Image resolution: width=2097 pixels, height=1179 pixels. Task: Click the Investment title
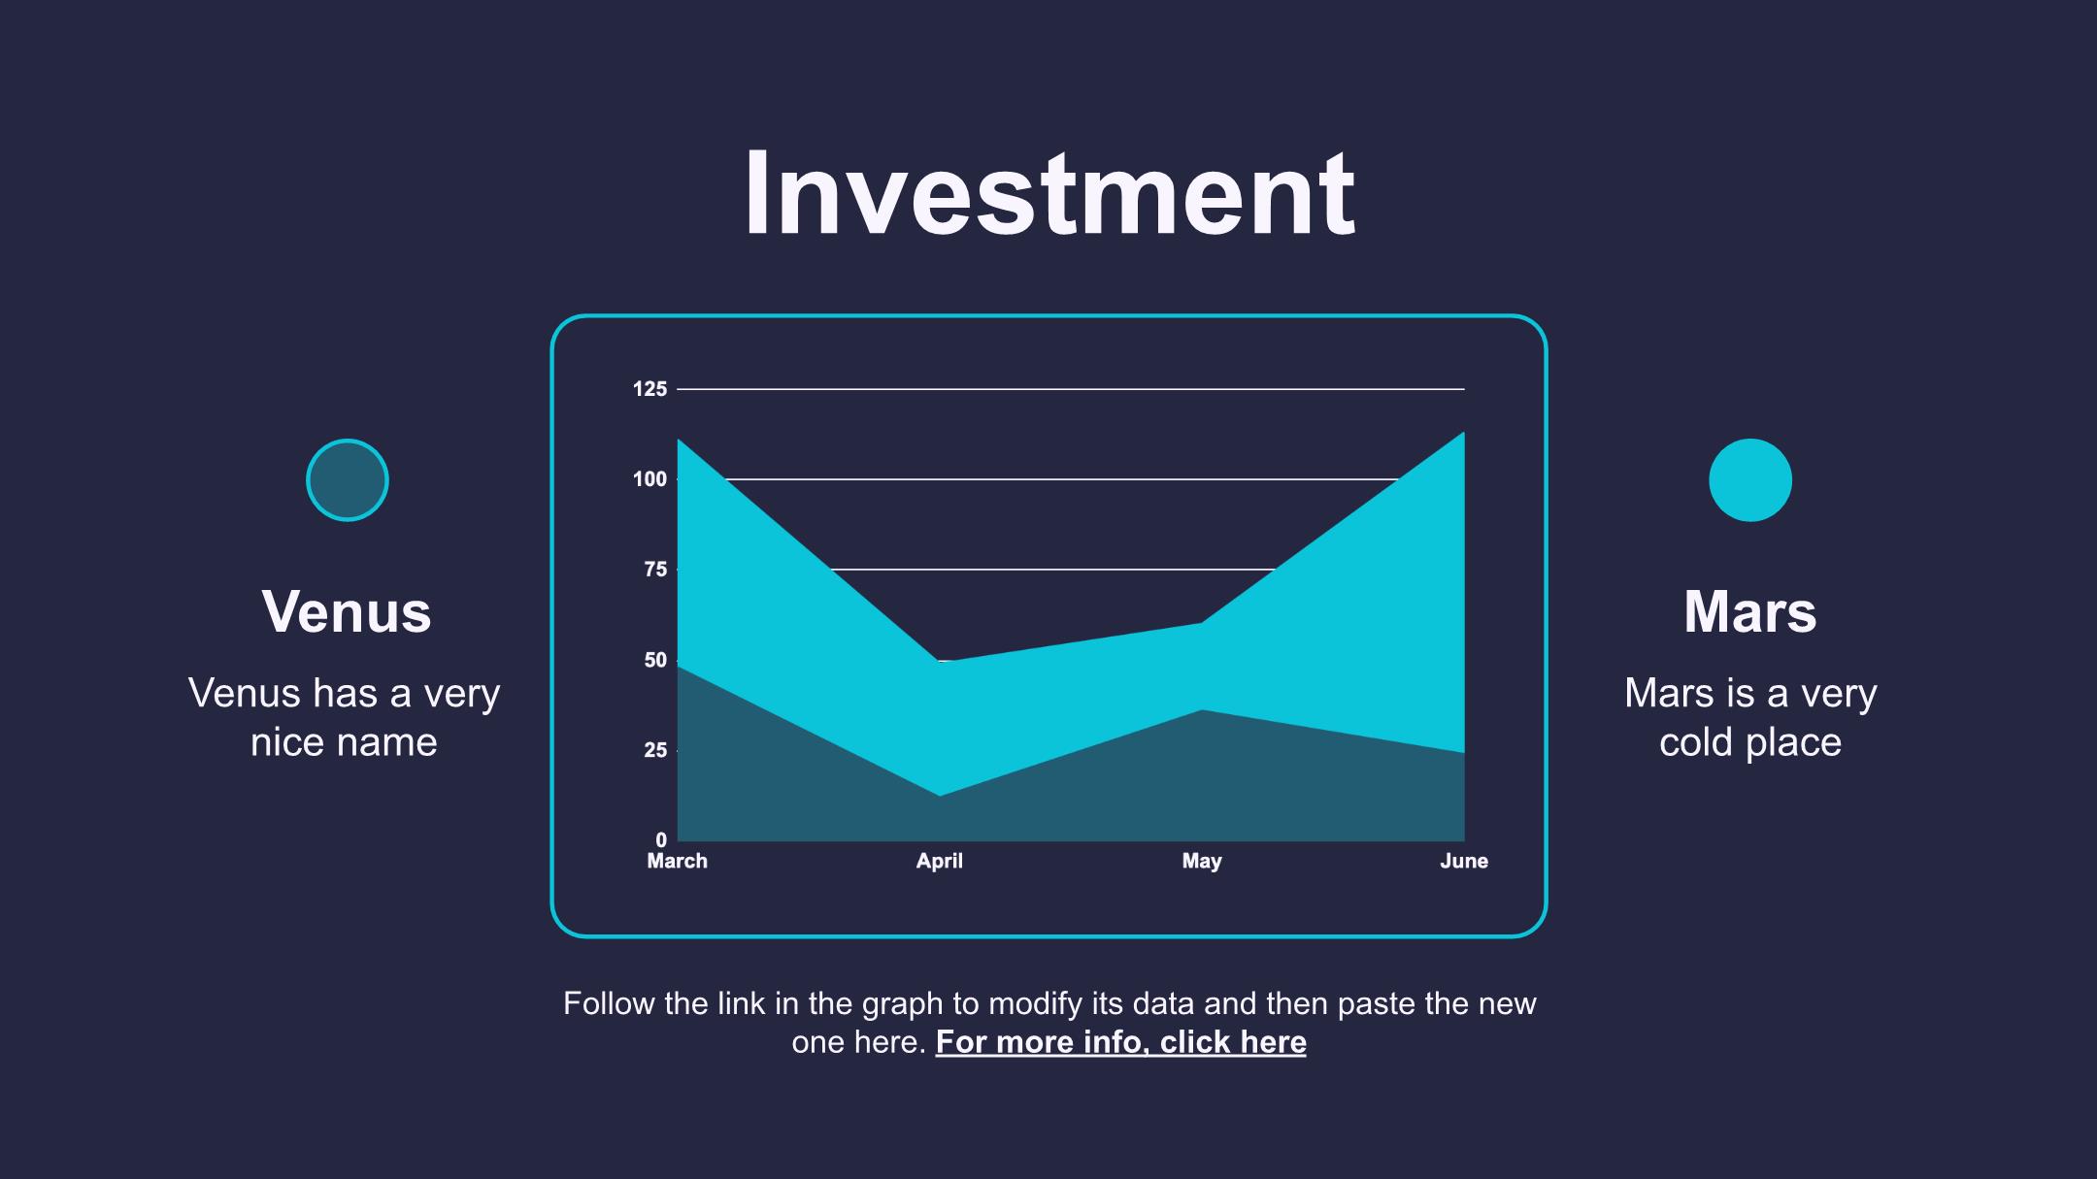click(x=1048, y=193)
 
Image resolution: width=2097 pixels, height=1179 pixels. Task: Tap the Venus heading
click(x=347, y=612)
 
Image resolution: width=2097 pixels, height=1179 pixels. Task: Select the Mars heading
click(x=1749, y=612)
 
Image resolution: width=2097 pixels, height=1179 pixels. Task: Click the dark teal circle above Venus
click(x=348, y=480)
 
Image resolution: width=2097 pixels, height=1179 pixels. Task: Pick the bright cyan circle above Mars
click(x=1750, y=480)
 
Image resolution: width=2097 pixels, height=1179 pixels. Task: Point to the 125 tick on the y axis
click(x=650, y=389)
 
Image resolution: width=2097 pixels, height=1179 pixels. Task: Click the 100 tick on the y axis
click(x=650, y=479)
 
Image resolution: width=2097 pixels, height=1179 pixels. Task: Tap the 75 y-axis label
click(x=656, y=570)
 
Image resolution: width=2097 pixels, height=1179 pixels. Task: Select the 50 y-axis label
click(x=656, y=660)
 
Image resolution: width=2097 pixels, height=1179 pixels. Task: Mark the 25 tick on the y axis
click(x=656, y=750)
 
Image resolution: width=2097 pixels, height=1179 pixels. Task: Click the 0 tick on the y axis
click(x=662, y=840)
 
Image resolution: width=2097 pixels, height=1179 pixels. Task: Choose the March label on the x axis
click(x=678, y=862)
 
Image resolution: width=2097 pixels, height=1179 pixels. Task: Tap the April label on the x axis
click(x=940, y=862)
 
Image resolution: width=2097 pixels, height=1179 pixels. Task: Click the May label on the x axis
click(x=1202, y=862)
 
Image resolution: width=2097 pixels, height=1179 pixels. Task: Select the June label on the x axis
click(x=1464, y=862)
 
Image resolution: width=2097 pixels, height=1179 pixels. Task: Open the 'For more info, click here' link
click(x=1121, y=1042)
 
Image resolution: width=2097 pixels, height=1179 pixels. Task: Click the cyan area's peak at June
click(x=1464, y=432)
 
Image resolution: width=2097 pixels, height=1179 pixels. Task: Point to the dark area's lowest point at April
click(x=940, y=796)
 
